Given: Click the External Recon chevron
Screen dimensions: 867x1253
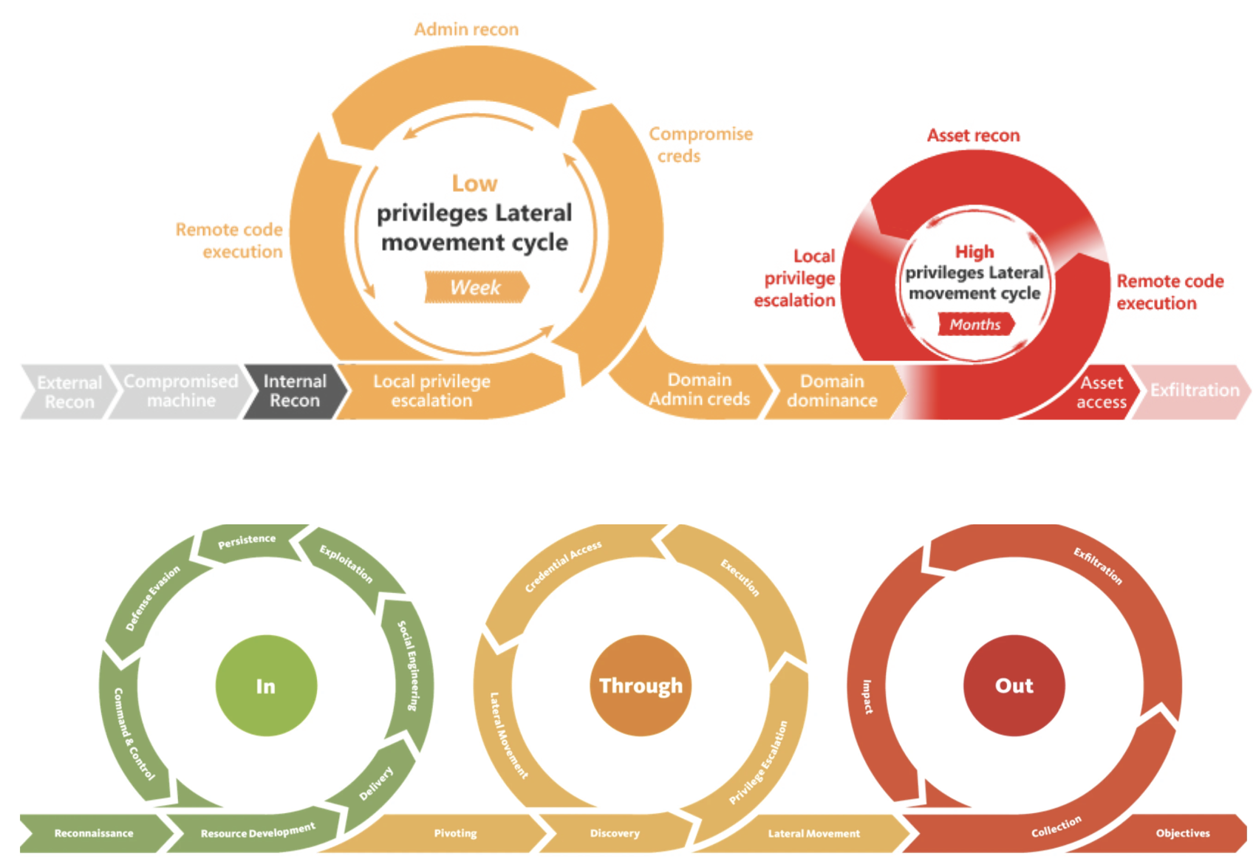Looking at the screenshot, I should click(69, 392).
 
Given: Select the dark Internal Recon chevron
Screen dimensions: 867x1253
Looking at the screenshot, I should click(295, 391).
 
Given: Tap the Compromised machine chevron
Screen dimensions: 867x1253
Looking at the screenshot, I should click(180, 391).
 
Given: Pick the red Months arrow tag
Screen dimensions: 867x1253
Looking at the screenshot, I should click(975, 324).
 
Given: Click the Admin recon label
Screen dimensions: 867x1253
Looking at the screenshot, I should click(466, 30).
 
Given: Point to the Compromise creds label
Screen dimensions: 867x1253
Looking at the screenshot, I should click(700, 145).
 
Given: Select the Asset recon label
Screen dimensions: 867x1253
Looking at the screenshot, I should click(973, 135).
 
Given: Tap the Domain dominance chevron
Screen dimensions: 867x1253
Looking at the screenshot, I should click(832, 391).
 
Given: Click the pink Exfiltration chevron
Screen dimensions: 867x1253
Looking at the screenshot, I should click(1193, 391).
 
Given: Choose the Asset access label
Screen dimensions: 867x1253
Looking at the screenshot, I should click(1101, 392).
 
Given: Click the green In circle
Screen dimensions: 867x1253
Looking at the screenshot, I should click(266, 686).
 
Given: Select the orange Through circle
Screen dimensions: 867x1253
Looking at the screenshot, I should click(641, 686).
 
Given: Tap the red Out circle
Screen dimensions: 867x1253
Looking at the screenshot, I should click(1014, 686).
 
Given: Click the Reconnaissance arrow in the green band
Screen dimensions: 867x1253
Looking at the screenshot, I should click(94, 833).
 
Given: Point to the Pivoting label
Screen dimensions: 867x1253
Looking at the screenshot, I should click(455, 833).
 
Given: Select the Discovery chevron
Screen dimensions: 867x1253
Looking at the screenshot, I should click(615, 833).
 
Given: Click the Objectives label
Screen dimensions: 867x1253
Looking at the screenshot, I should click(1182, 833).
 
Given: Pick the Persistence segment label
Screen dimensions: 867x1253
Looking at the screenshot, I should click(247, 541).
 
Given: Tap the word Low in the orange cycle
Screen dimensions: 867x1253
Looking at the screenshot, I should click(474, 183).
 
